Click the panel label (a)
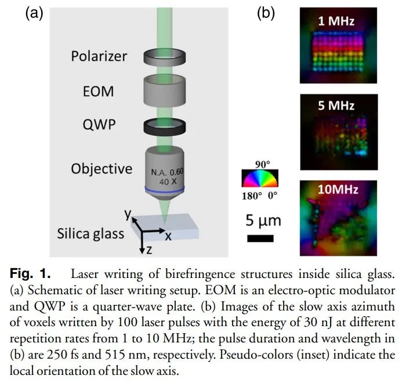click(x=34, y=13)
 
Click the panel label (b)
click(x=266, y=13)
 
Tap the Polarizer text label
click(x=99, y=56)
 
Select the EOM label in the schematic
click(x=97, y=92)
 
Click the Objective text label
click(x=101, y=169)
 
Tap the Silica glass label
click(x=90, y=234)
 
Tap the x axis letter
click(x=168, y=237)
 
